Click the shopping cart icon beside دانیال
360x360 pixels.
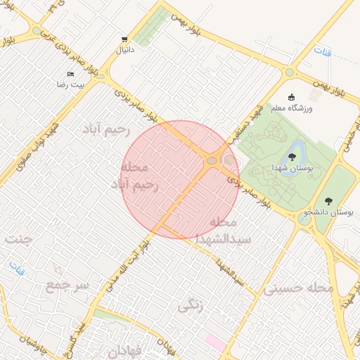click(124, 39)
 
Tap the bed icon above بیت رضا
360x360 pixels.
click(70, 74)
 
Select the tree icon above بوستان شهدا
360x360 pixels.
click(292, 157)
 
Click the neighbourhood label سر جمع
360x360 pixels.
click(67, 285)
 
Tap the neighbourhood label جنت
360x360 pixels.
click(19, 239)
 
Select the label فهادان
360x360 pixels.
click(127, 349)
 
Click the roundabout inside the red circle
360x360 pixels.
click(211, 162)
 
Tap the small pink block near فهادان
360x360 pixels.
click(215, 343)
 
